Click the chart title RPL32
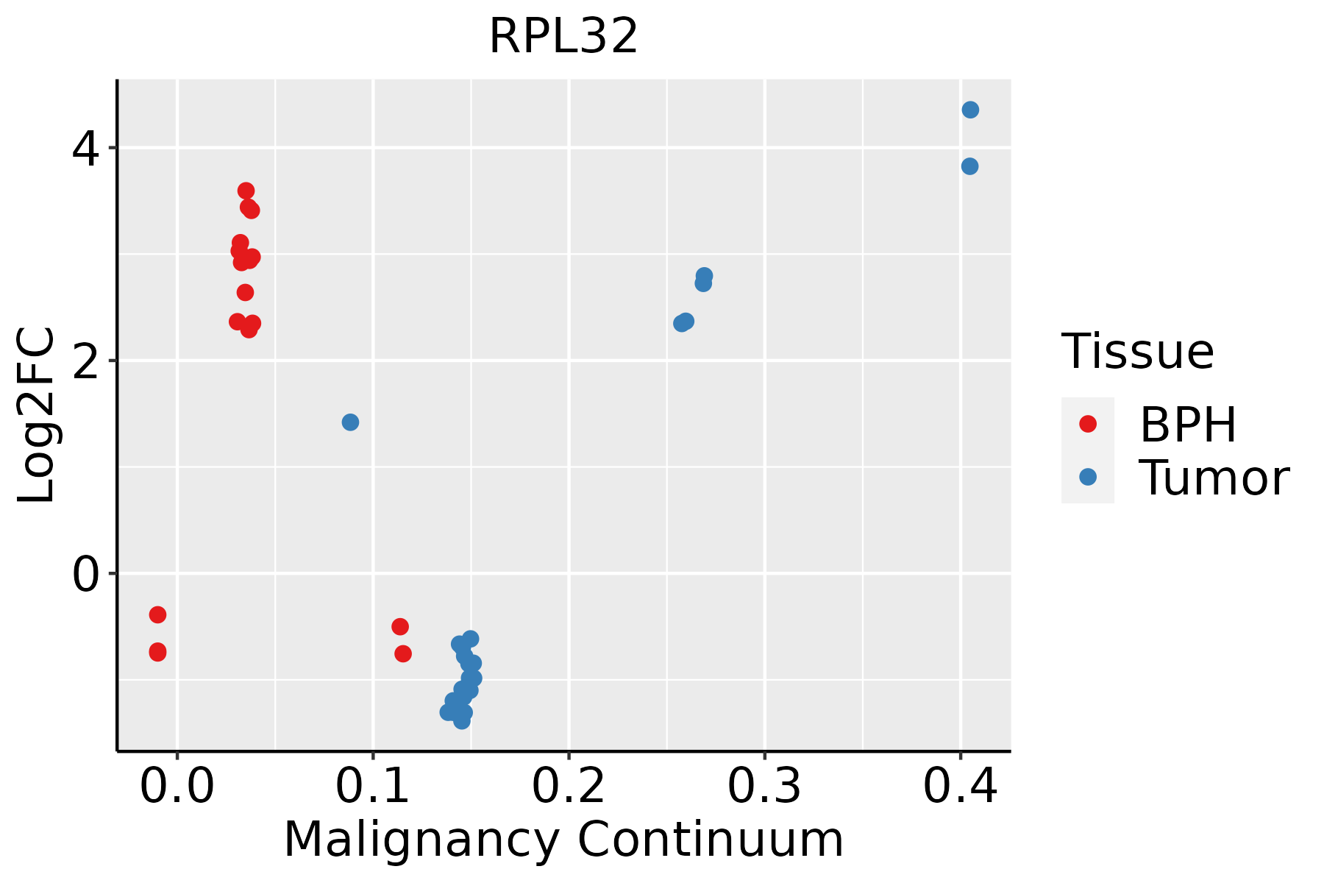pyautogui.click(x=563, y=36)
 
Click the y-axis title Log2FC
pyautogui.click(x=37, y=416)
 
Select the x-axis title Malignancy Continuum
pyautogui.click(x=563, y=840)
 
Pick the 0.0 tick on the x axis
pyautogui.click(x=177, y=787)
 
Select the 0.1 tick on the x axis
pyautogui.click(x=373, y=787)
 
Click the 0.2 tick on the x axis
pyautogui.click(x=569, y=787)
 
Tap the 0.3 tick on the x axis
pyautogui.click(x=764, y=787)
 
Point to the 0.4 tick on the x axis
pyautogui.click(x=960, y=787)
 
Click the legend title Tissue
pyautogui.click(x=1138, y=352)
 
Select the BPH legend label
pyautogui.click(x=1188, y=425)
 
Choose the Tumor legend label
pyautogui.click(x=1214, y=478)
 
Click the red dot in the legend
pyautogui.click(x=1087, y=424)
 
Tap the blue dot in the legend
pyautogui.click(x=1087, y=477)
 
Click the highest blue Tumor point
pyautogui.click(x=970, y=110)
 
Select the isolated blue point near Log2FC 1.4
pyautogui.click(x=350, y=422)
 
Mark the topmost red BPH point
pyautogui.click(x=246, y=191)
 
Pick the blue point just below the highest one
pyautogui.click(x=969, y=166)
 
